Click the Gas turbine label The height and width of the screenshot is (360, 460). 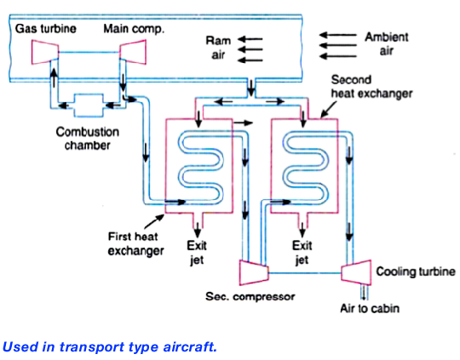click(43, 29)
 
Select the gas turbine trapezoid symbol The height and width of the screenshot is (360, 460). click(43, 52)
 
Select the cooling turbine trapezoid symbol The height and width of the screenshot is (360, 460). click(354, 271)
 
